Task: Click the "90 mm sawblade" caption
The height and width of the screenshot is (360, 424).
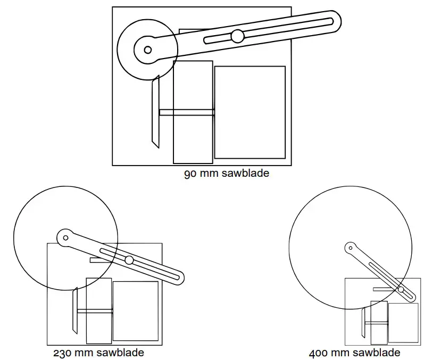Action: click(x=226, y=173)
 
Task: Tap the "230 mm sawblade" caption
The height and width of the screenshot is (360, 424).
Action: click(x=98, y=353)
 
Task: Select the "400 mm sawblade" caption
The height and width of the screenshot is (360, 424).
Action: click(x=355, y=353)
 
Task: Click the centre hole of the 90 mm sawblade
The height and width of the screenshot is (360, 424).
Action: click(x=148, y=50)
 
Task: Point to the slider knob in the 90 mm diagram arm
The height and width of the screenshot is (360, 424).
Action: click(x=237, y=36)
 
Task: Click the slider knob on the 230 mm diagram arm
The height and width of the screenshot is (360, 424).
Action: click(x=129, y=260)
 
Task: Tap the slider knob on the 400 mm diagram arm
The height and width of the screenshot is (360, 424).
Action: click(x=401, y=290)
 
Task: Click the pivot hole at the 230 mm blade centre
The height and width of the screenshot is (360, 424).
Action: click(x=65, y=238)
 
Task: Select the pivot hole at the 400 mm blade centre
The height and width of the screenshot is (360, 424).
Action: click(x=350, y=247)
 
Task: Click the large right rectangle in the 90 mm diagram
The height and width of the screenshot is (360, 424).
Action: click(x=250, y=112)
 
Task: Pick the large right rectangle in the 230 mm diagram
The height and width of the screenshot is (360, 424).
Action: click(x=136, y=311)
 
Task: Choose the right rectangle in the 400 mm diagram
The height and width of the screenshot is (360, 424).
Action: click(x=403, y=323)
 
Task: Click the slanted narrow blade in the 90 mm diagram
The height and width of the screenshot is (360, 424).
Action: click(x=155, y=112)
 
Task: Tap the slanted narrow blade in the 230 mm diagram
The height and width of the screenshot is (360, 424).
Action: click(x=75, y=311)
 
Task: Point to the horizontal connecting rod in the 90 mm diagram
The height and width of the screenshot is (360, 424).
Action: click(x=186, y=112)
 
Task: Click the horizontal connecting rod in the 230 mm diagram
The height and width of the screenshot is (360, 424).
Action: click(x=95, y=310)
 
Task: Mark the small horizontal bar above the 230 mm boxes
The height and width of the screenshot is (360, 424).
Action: click(x=99, y=260)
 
